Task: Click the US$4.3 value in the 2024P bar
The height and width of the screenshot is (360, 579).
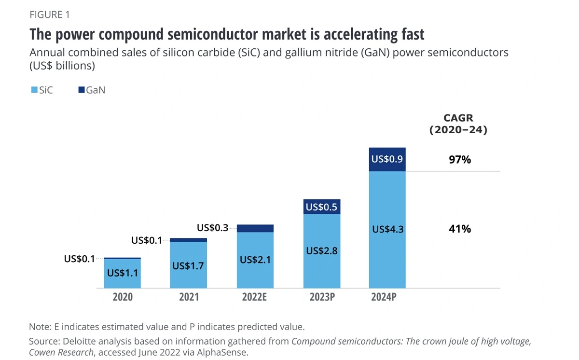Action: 387,230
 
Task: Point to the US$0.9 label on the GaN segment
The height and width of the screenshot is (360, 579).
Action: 387,159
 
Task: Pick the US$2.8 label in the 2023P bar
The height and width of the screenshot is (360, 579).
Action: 321,251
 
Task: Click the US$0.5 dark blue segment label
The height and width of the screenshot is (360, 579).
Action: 321,207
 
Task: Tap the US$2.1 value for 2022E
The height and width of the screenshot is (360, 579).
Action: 255,260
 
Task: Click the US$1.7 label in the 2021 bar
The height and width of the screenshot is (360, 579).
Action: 189,265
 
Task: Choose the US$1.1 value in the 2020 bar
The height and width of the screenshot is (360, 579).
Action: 123,273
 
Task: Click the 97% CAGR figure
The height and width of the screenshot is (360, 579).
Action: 459,159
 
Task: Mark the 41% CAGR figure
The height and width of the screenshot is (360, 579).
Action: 459,229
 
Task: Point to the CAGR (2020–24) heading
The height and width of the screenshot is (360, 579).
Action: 458,124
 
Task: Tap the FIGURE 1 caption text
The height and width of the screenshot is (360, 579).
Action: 50,14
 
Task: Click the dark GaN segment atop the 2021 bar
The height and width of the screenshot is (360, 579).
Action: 189,240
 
